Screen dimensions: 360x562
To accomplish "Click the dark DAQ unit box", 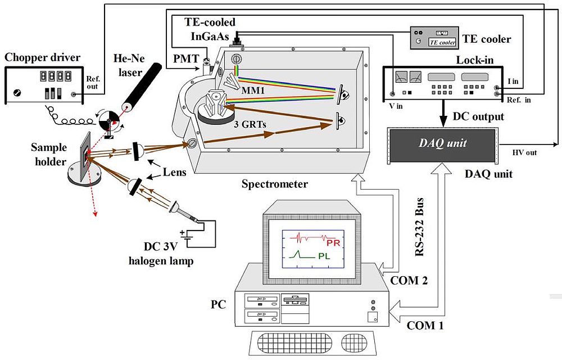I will click(x=442, y=144).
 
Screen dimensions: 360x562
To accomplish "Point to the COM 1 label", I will click(x=425, y=325).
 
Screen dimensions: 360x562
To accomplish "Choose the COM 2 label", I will click(x=409, y=280).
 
